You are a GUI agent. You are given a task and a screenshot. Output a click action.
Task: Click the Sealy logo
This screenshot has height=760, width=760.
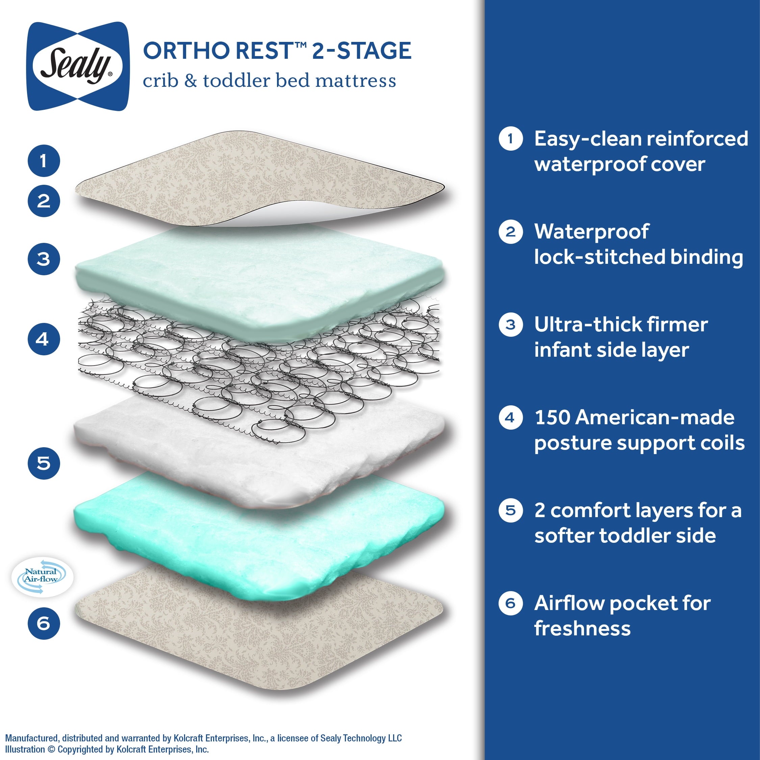77,66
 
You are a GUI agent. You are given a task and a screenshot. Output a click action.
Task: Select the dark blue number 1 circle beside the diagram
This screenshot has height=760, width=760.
44,160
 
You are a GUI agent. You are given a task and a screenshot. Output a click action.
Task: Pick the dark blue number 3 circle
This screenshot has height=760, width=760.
44,259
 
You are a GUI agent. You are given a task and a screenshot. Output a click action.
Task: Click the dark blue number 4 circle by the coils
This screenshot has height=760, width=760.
44,339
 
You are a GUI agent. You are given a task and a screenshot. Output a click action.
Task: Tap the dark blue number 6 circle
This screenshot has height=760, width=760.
44,623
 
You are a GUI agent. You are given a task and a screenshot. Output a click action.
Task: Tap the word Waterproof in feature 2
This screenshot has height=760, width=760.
591,232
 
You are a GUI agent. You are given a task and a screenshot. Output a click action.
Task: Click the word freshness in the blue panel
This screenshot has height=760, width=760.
582,629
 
